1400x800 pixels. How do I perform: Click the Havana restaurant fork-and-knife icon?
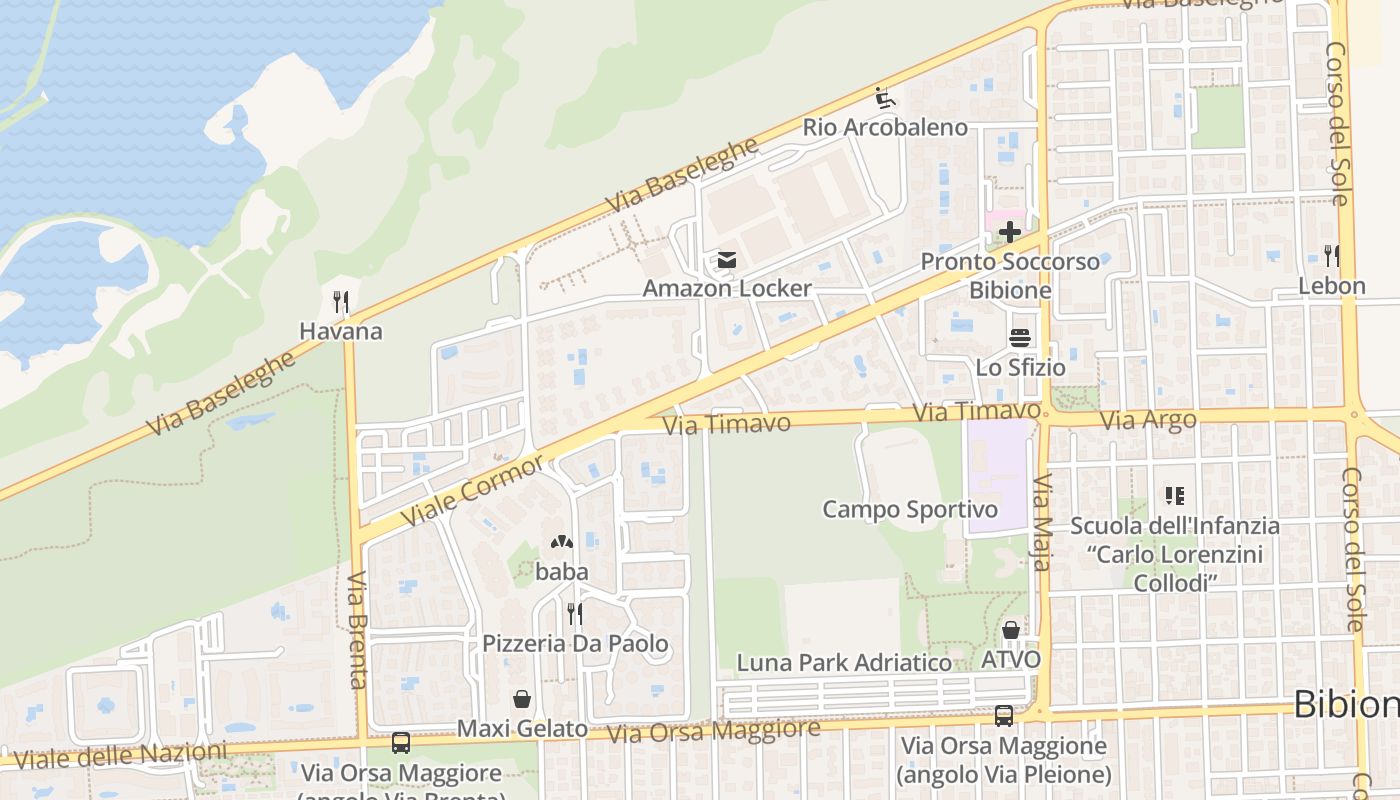tap(341, 302)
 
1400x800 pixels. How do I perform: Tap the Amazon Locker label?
tap(727, 289)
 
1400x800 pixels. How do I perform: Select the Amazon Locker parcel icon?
tap(726, 261)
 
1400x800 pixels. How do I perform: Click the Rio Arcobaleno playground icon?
tap(885, 98)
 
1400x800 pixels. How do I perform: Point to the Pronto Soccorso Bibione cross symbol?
tap(1010, 232)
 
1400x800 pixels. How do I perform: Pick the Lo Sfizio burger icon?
tap(1020, 338)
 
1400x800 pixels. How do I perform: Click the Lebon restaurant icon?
tap(1331, 256)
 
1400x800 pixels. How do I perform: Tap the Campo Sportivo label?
tap(910, 510)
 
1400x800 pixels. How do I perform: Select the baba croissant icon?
tap(561, 543)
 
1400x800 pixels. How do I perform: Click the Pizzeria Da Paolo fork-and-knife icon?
tap(574, 613)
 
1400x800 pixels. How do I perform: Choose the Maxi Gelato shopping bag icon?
tap(521, 698)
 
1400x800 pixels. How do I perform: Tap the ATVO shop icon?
tap(1011, 630)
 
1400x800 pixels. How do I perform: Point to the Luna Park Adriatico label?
tap(844, 663)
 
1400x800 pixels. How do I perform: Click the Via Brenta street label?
tap(357, 630)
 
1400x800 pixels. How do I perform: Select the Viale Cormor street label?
tap(473, 491)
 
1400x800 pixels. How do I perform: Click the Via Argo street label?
tap(1148, 420)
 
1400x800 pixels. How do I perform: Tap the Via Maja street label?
tap(1042, 522)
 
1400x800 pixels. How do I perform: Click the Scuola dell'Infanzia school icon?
tap(1174, 495)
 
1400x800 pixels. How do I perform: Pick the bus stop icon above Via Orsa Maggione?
tap(1004, 716)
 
